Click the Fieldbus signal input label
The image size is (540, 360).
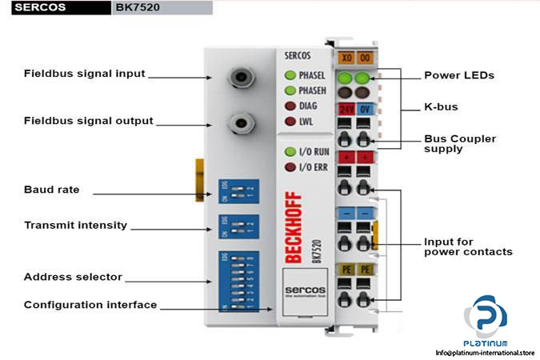(84, 74)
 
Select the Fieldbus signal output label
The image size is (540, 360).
(88, 121)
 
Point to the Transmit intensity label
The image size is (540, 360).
(75, 225)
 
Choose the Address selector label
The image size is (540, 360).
(73, 277)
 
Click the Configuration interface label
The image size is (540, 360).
(90, 305)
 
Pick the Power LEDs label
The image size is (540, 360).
(458, 75)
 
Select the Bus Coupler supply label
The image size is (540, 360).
(459, 144)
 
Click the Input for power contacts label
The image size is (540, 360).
(468, 246)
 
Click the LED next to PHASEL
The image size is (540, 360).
(290, 75)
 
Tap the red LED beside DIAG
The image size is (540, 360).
(290, 106)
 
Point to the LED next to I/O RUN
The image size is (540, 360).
(290, 151)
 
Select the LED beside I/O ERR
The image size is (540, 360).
(290, 167)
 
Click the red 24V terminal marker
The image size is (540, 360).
(346, 109)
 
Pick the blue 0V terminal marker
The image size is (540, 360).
(364, 109)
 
